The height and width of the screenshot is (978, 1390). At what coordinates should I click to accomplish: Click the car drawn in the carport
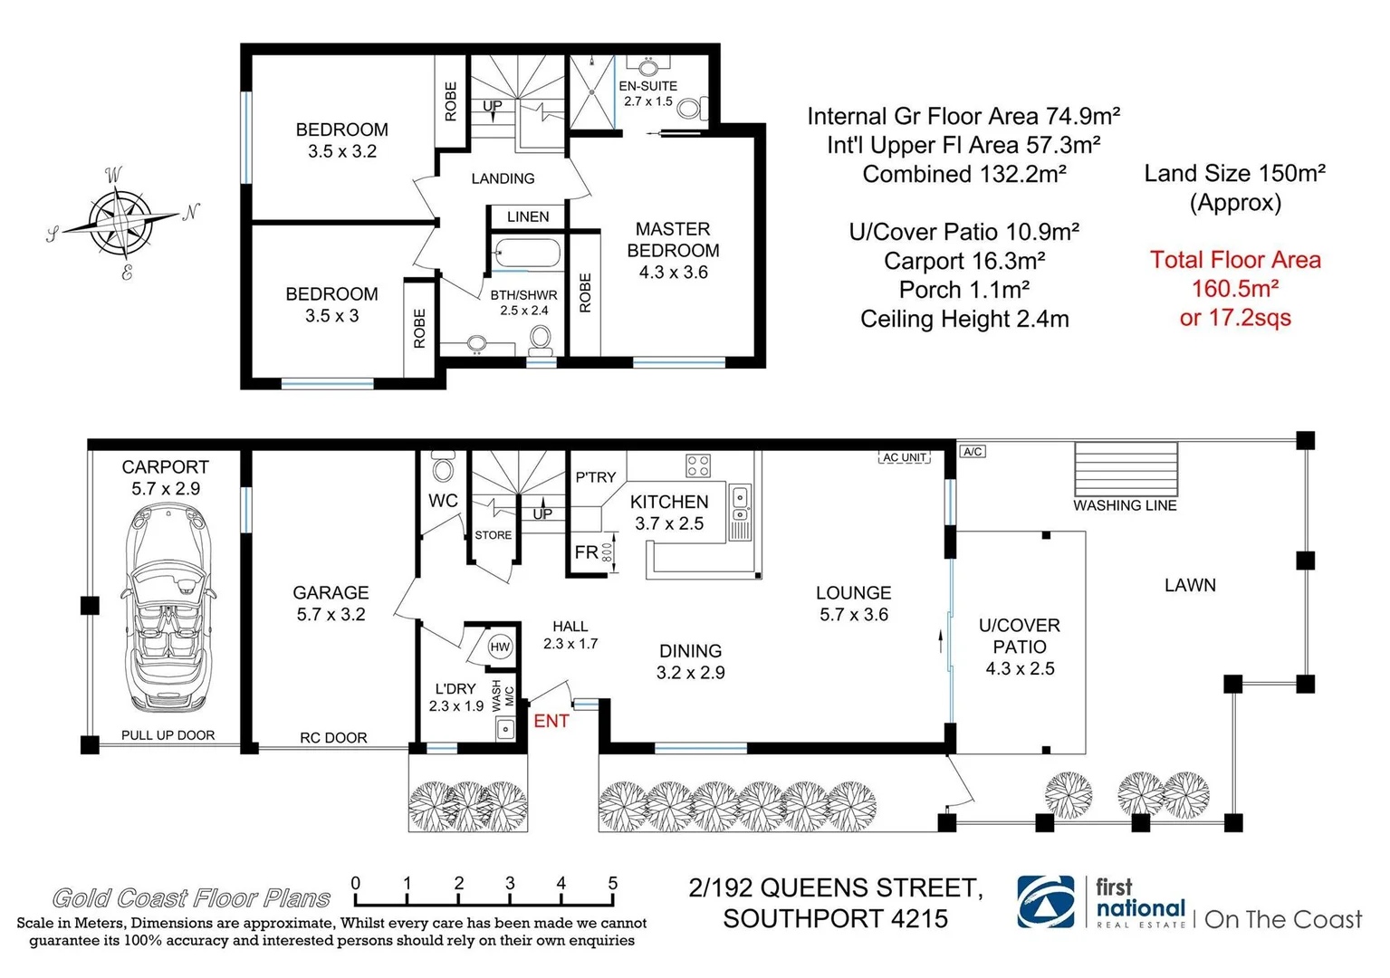coord(167,608)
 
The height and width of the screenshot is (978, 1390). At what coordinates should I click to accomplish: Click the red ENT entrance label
coord(551,721)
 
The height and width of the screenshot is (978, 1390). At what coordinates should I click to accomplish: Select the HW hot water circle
coord(500,647)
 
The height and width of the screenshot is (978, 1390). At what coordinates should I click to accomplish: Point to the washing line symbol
coord(1126,468)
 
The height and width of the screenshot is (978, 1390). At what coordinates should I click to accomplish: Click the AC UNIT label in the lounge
coord(904,457)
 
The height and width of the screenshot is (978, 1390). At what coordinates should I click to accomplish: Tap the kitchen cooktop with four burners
coord(698,465)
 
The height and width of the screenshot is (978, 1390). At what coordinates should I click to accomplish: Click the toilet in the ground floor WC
coord(443,469)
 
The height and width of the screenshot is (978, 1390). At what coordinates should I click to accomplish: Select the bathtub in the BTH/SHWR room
coord(524,254)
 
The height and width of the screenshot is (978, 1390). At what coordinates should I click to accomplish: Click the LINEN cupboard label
coord(528,217)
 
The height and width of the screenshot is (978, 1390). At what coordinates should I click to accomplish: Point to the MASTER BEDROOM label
coord(673,240)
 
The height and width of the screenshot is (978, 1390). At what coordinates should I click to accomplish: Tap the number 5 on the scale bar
coord(613,883)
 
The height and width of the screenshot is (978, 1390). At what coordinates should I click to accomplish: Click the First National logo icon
coord(1047,902)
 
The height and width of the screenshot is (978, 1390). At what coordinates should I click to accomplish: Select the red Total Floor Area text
coord(1235,288)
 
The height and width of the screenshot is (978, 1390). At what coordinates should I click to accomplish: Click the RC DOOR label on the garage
coord(333,738)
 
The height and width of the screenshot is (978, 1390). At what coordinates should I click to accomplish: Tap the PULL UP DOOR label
coord(168,735)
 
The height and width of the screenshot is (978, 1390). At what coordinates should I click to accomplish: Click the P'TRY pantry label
coord(595,477)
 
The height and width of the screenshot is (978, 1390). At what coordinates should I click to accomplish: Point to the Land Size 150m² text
coord(1234,174)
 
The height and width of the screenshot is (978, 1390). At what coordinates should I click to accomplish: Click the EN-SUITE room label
coord(647,86)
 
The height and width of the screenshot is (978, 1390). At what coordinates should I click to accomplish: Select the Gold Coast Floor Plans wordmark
coord(191,898)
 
